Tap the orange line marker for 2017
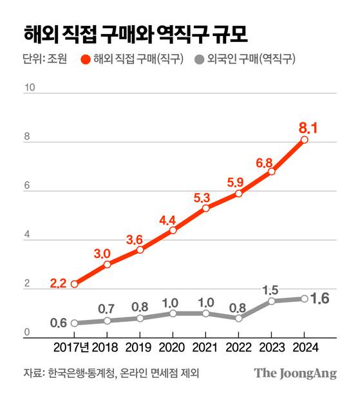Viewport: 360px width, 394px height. [75, 284]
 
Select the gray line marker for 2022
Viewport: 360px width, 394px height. [239, 318]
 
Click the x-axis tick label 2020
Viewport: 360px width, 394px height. [173, 349]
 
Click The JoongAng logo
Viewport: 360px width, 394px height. [295, 373]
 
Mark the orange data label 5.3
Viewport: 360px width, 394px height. [204, 196]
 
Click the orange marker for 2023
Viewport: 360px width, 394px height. [272, 172]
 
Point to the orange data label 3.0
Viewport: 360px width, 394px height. [106, 253]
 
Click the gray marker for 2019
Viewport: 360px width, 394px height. [140, 318]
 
